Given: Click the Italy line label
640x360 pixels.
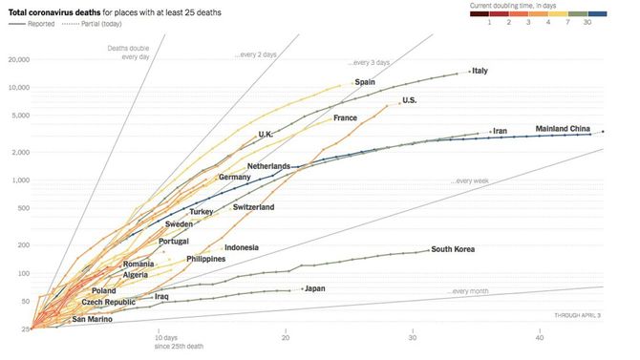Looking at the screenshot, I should coord(480,72).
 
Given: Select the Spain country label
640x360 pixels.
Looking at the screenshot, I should coord(365,83).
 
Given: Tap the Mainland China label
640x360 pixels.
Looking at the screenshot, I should coord(563,129).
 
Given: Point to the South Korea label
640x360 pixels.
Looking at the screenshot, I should coord(454,250).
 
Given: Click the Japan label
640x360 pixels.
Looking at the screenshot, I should coord(315,288).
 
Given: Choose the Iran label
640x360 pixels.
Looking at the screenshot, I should coord(499,131).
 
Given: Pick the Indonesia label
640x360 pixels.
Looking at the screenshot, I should coord(242,248).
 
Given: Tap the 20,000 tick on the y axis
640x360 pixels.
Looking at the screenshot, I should coord(18,59).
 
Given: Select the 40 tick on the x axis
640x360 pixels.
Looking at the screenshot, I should coord(540,338).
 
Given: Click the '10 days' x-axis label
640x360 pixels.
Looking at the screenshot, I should coord(165,338).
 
